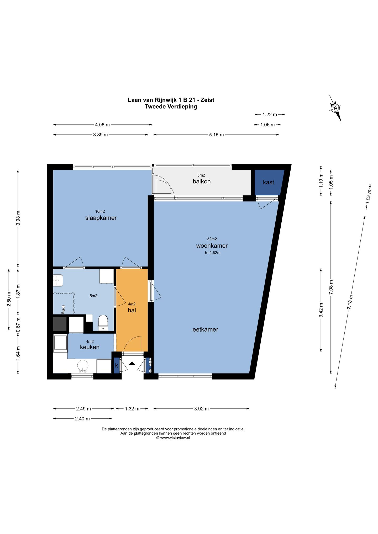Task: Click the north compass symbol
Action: click(335, 108)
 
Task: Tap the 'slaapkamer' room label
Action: click(101, 218)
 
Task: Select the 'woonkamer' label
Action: click(212, 246)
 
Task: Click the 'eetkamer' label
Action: click(205, 329)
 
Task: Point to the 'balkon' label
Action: click(202, 181)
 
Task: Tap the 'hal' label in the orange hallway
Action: click(132, 310)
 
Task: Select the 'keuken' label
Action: click(90, 347)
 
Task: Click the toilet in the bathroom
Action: click(103, 323)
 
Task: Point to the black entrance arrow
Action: click(132, 363)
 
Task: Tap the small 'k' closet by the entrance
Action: click(117, 365)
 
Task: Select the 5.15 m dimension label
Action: click(217, 135)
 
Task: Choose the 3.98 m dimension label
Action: click(18, 218)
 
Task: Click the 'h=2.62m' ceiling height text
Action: click(213, 253)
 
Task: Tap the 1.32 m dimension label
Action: click(132, 409)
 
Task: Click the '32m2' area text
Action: click(212, 239)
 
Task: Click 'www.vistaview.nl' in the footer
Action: click(175, 437)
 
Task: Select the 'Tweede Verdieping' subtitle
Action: click(171, 106)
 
